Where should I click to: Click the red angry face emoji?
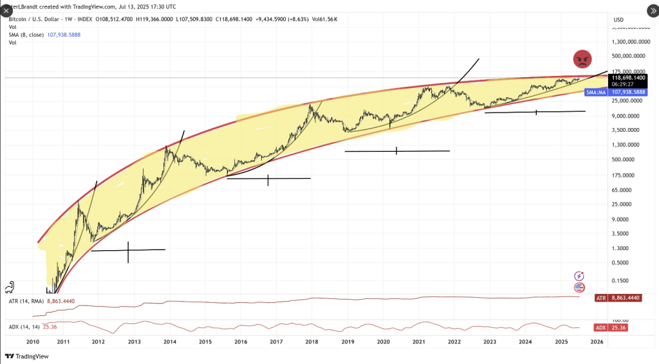click(x=582, y=60)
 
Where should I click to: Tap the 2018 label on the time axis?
click(x=311, y=342)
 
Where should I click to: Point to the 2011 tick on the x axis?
click(x=63, y=342)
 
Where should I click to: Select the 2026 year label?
click(x=597, y=342)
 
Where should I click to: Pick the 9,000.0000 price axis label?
click(x=626, y=116)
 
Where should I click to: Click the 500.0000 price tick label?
click(x=624, y=159)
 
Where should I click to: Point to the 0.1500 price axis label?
click(x=620, y=280)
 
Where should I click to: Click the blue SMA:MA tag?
click(x=595, y=93)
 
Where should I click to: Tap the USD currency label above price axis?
click(x=618, y=19)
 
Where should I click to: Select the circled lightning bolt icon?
click(x=579, y=275)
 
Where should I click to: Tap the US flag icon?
click(x=579, y=287)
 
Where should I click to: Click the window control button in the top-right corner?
click(x=651, y=10)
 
